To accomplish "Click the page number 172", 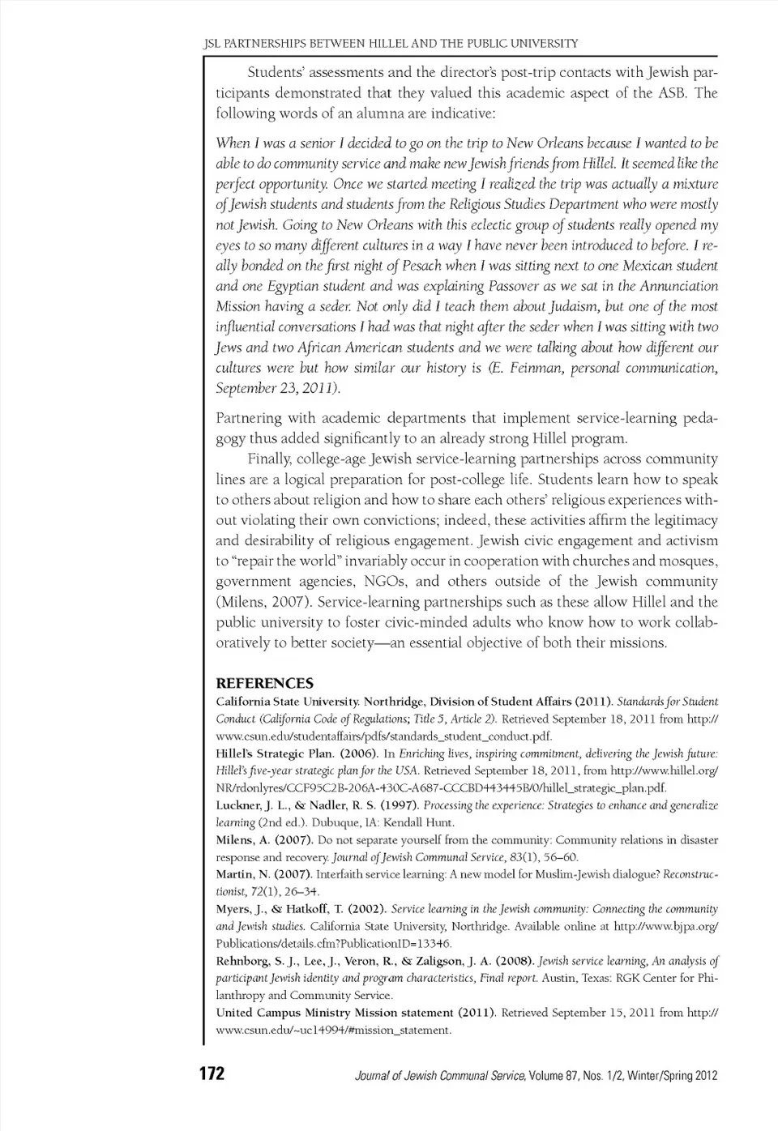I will coord(212,1074).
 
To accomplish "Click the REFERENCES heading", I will coord(264,683).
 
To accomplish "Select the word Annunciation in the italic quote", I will coord(679,286).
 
